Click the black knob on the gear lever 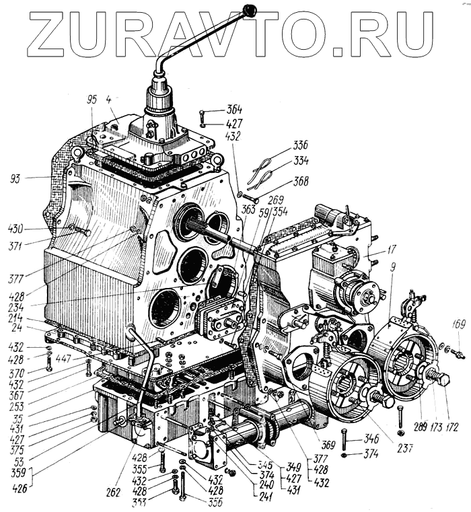coord(252,10)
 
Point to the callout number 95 coord(92,100)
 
